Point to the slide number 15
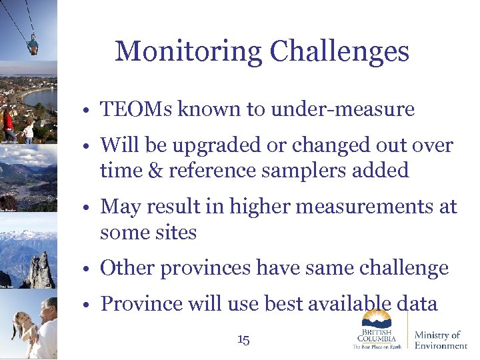click(x=243, y=340)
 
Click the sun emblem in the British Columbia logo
click(x=377, y=318)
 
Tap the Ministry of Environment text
click(x=440, y=339)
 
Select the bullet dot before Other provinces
click(x=88, y=269)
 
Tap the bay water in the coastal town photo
click(x=40, y=99)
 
